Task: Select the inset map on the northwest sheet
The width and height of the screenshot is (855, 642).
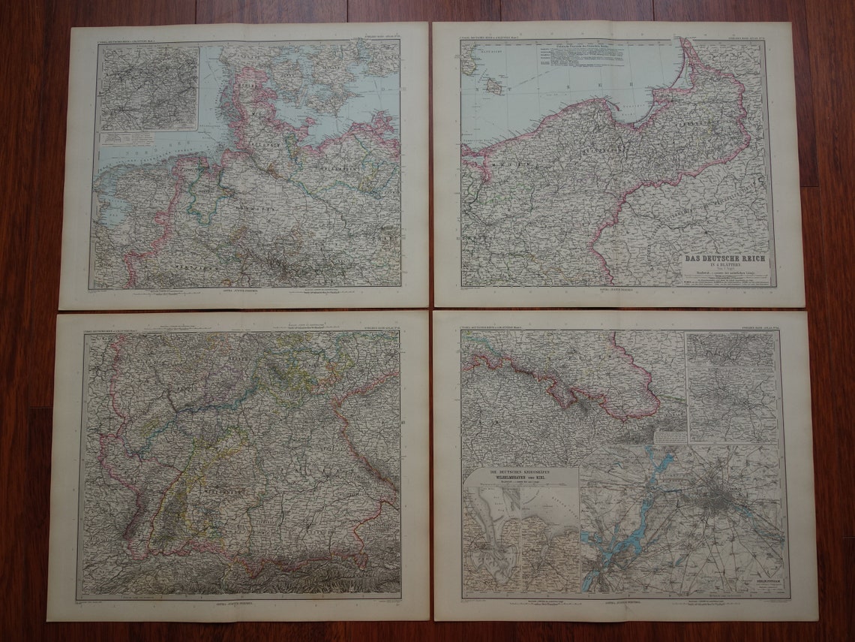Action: (149, 89)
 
